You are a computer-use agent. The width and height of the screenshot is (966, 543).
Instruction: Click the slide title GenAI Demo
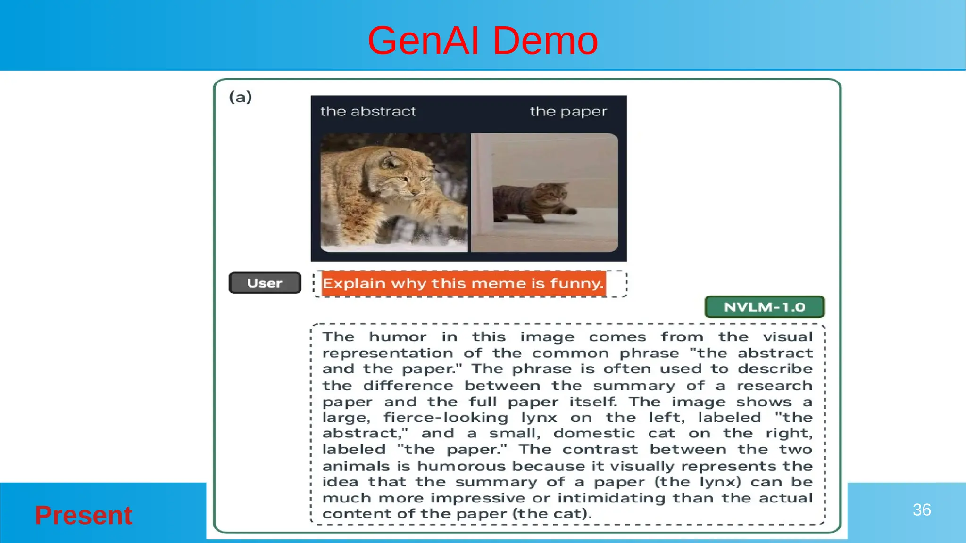(483, 41)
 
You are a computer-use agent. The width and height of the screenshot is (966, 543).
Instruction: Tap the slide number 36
(921, 510)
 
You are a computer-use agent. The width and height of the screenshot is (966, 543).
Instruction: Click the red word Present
(83, 515)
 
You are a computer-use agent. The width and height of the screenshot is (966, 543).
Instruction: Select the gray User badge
(265, 283)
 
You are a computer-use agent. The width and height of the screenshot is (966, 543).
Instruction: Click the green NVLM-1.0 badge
(764, 307)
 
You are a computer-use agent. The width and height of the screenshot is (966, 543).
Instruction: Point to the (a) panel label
(241, 97)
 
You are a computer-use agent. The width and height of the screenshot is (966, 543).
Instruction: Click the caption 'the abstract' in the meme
(368, 111)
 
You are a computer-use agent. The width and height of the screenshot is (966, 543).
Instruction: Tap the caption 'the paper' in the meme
(568, 112)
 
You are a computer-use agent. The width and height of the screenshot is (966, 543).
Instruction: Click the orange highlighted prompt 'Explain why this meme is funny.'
(463, 283)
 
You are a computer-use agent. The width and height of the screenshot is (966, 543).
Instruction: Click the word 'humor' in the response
(398, 337)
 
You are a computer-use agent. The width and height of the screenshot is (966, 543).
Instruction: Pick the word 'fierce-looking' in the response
(445, 418)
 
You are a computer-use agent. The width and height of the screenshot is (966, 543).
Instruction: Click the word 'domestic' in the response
(594, 433)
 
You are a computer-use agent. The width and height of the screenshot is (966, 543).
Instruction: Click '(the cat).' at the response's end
(552, 514)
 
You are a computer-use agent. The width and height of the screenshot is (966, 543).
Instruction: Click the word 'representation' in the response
(388, 354)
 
